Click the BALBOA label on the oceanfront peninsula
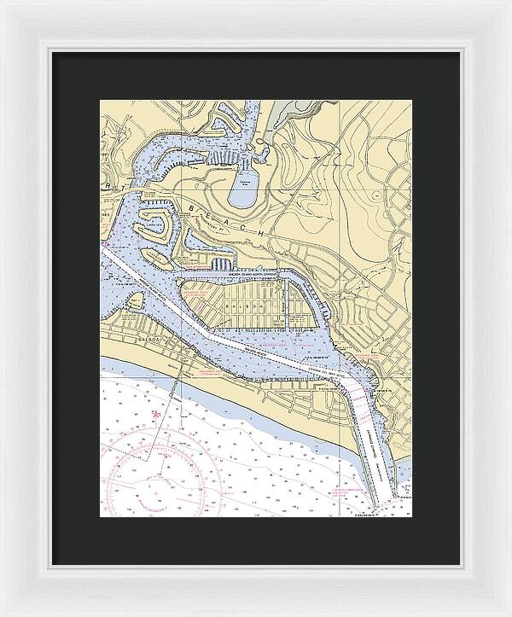[121, 339]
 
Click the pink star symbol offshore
[154, 416]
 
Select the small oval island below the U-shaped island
[155, 256]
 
